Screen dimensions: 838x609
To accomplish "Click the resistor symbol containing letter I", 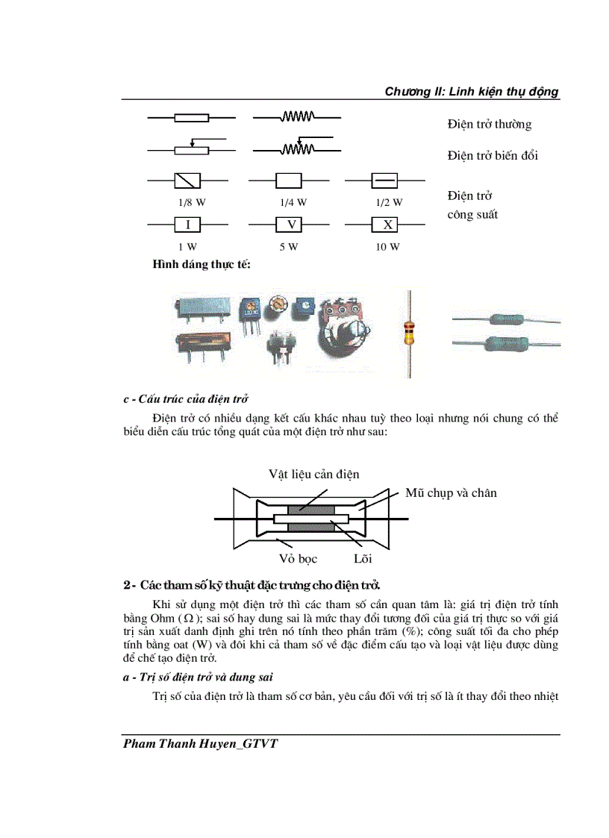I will pos(187,225).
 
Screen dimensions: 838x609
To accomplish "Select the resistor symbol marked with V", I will pos(289,225).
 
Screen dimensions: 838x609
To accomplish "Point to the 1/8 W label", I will pos(191,202).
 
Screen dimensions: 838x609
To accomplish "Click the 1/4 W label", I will pos(293,202).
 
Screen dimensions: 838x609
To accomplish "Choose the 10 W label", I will pos(387,247).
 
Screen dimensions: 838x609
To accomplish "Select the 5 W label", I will pos(289,247).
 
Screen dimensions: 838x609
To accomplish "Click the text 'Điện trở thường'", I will pos(489,125).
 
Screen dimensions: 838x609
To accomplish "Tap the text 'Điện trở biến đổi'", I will pos(493,156).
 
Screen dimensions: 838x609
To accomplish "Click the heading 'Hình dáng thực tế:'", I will pos(201,264).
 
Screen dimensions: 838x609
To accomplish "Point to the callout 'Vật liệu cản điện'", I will pos(313,475).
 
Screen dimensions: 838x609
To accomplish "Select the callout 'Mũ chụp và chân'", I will pos(451,493).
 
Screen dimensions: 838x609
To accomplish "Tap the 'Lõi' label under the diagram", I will pos(363,558).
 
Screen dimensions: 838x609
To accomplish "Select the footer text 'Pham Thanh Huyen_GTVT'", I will pos(200,744).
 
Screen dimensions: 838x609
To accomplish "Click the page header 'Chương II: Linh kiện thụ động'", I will pos(471,92).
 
